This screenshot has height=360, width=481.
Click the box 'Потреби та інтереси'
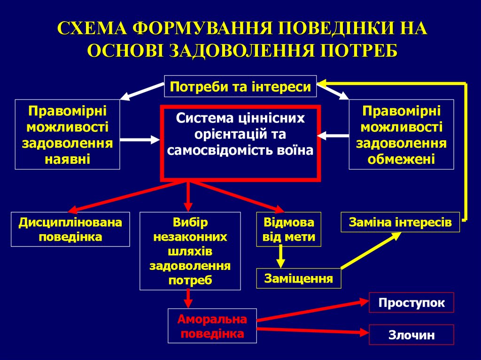240,86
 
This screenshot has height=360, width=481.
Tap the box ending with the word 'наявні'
67,134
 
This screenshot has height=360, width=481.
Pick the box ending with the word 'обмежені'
401,134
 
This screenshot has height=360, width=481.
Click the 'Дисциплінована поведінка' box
70,229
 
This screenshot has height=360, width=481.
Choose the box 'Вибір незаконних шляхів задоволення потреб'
190,251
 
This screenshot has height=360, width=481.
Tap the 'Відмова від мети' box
289,229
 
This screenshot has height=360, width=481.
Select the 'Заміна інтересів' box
400,222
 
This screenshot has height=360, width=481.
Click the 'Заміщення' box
299,278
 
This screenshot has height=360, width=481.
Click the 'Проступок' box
411,302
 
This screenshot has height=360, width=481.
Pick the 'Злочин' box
411,335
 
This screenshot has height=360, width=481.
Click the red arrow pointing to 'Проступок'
313,312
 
